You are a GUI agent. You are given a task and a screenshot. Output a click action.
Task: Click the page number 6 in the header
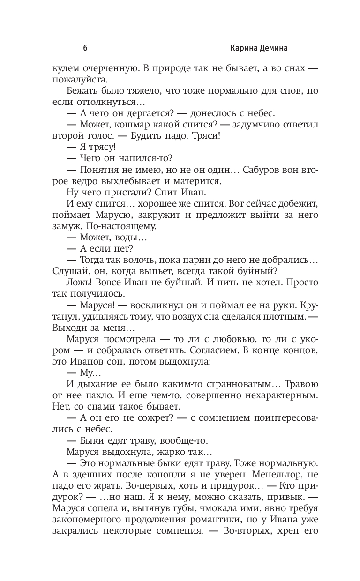(85, 48)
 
